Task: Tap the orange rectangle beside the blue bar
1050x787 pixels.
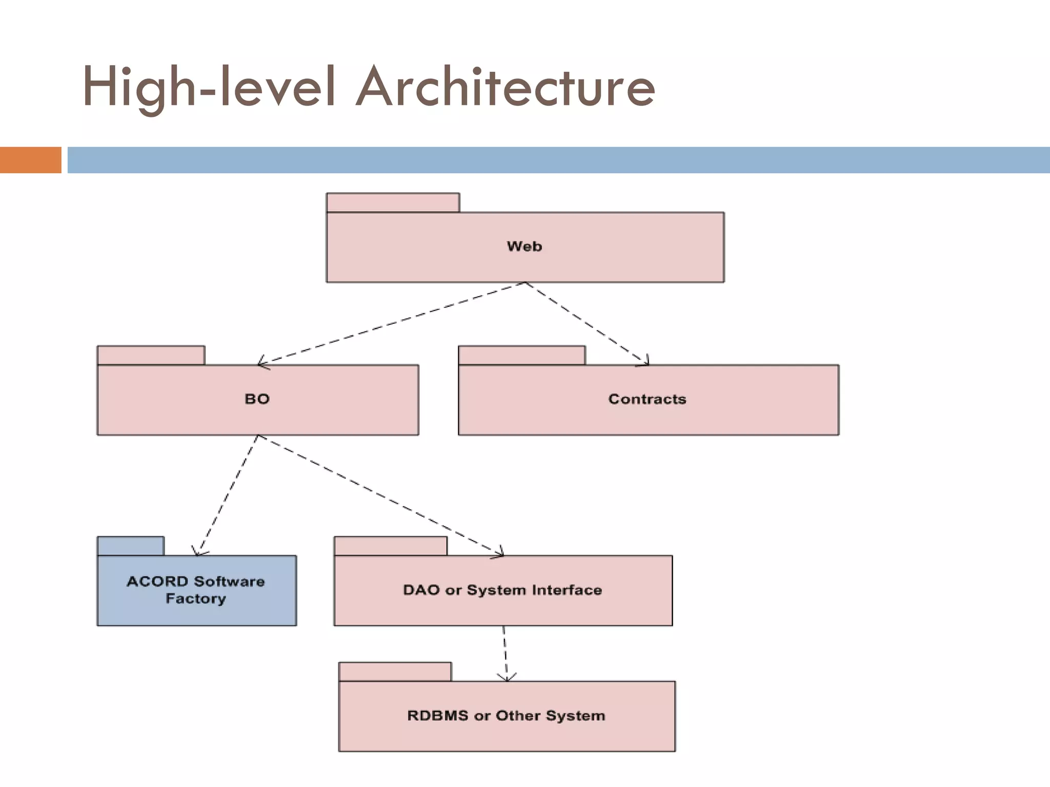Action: [x=30, y=160]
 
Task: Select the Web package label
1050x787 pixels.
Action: [x=524, y=246]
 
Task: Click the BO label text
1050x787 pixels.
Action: [x=257, y=399]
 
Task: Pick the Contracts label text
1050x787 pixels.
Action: [x=647, y=399]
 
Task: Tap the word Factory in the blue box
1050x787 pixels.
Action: [x=196, y=598]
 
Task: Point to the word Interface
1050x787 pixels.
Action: [x=567, y=590]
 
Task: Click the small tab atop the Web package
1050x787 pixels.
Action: [x=393, y=202]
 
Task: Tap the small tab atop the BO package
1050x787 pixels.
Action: [x=151, y=355]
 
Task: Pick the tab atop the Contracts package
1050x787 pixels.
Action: [x=521, y=355]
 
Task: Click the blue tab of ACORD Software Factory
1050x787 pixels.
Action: [x=131, y=546]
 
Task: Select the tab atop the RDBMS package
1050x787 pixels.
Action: [x=395, y=672]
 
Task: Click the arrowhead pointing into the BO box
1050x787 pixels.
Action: [x=262, y=363]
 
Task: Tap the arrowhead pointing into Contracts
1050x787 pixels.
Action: [x=645, y=362]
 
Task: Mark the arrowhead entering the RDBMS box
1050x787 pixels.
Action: [x=507, y=677]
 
